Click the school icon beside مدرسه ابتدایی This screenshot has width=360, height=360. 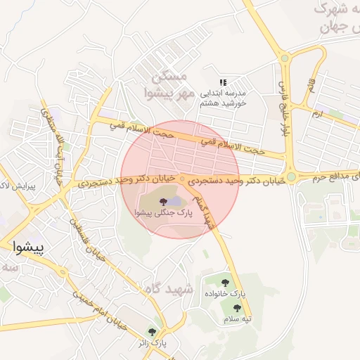[x=224, y=82]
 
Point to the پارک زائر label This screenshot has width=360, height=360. [x=152, y=344]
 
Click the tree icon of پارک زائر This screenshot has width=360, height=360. [x=152, y=332]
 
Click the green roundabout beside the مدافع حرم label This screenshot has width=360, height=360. [x=290, y=177]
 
